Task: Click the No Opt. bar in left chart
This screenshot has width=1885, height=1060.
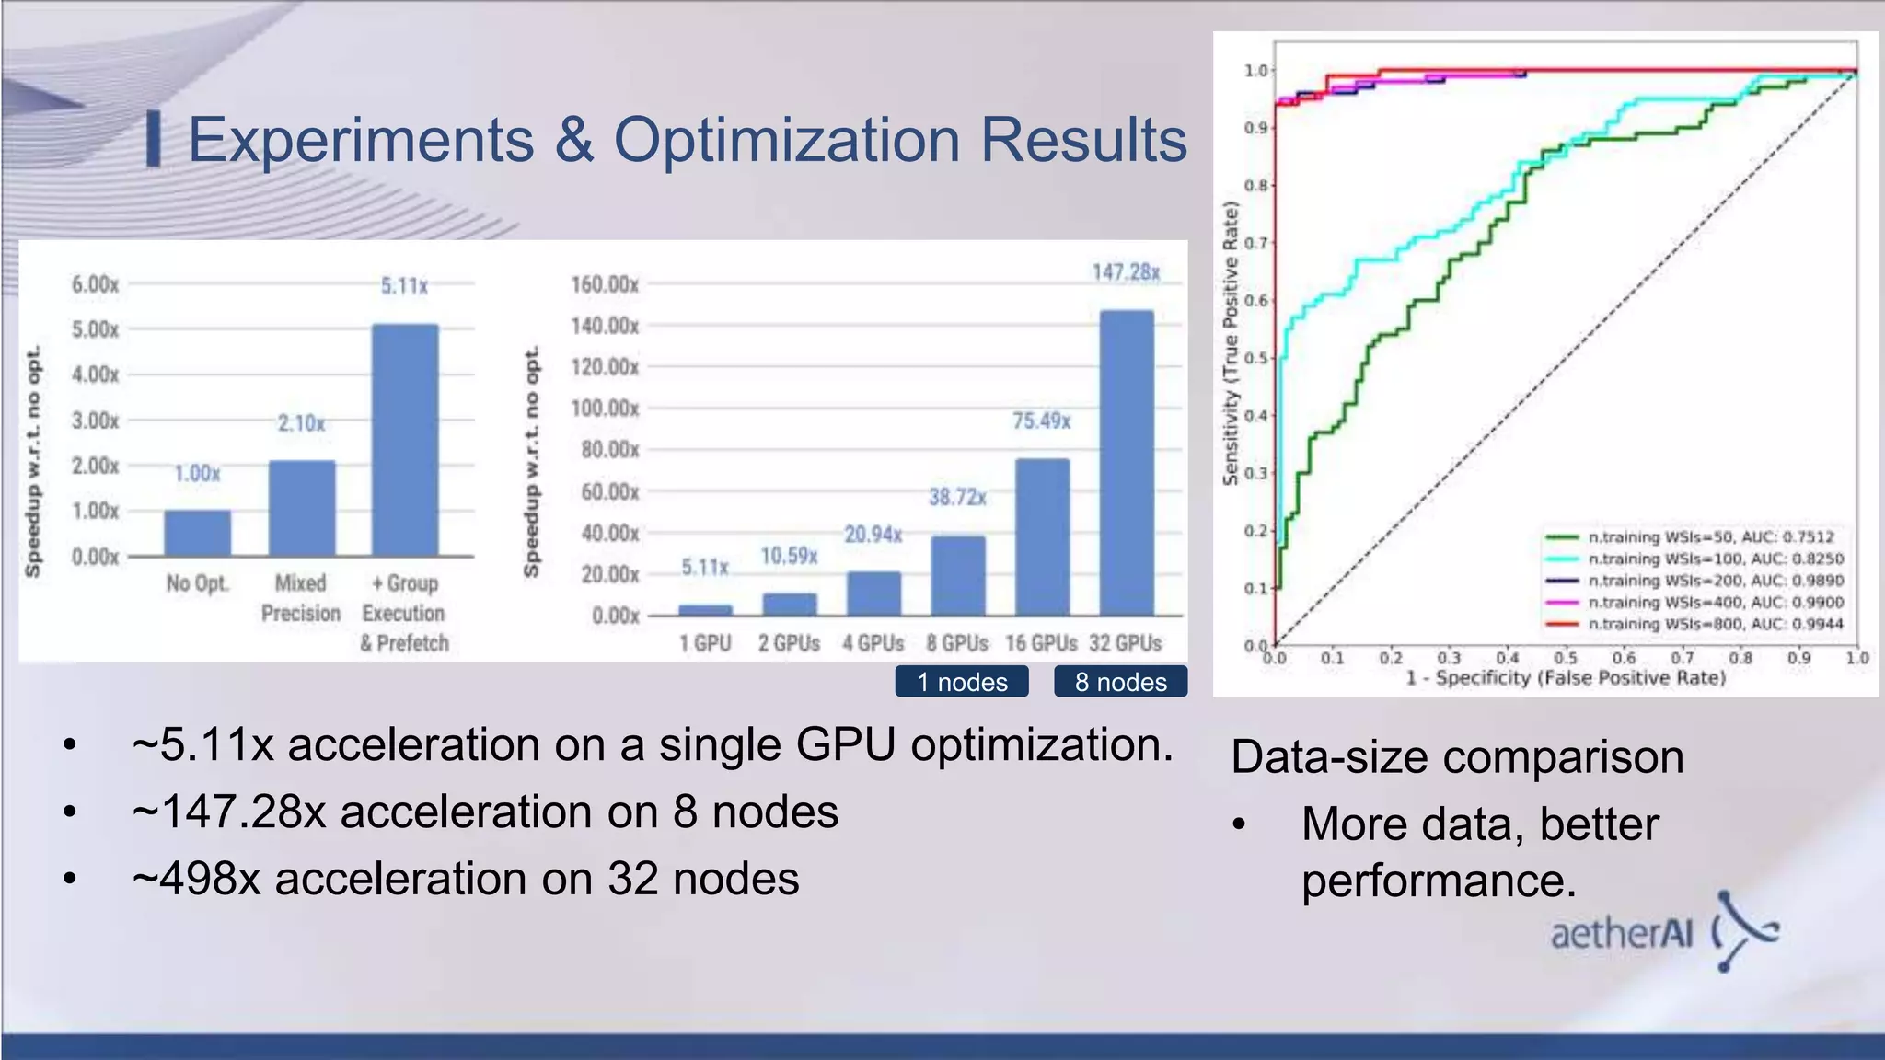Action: point(197,533)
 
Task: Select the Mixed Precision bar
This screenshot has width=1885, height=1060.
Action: point(302,508)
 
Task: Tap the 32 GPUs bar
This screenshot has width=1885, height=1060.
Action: point(1127,463)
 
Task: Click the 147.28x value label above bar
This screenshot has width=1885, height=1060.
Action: point(1126,272)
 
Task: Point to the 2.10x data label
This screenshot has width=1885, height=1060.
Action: point(302,423)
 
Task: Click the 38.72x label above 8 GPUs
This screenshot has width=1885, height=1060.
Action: point(957,498)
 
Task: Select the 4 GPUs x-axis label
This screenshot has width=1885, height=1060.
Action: point(873,643)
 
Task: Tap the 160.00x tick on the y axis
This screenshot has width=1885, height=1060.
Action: point(605,284)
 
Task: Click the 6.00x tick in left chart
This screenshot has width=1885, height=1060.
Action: point(96,284)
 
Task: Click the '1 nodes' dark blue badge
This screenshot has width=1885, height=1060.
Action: point(962,682)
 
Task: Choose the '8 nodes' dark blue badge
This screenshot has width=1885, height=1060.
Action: point(1120,682)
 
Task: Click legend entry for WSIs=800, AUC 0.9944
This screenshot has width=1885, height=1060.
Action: point(1715,624)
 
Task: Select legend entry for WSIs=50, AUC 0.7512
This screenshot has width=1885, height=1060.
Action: point(1710,536)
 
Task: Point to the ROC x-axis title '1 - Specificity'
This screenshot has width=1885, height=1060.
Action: point(1565,678)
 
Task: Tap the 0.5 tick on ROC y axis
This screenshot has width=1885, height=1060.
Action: point(1256,358)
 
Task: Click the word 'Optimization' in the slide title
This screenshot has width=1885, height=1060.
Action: point(787,140)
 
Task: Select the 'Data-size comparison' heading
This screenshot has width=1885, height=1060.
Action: point(1457,757)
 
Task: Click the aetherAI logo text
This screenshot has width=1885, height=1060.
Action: point(1622,934)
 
